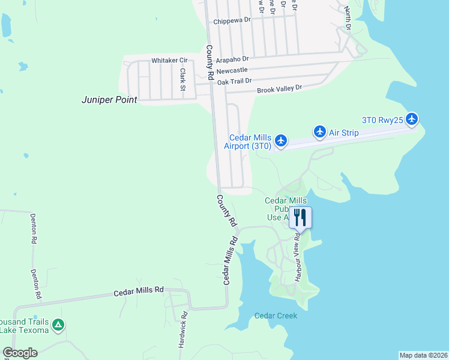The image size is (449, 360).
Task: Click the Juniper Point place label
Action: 109,100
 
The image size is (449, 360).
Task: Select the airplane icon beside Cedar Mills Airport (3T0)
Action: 281,141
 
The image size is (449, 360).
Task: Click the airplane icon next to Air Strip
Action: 319,131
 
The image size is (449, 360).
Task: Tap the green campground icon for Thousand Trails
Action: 58,326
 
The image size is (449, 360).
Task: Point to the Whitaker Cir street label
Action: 169,61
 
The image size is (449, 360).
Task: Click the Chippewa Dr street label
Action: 232,22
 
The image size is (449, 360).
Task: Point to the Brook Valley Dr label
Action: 279,89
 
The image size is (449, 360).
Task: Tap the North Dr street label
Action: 347,17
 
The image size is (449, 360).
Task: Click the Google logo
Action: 20,353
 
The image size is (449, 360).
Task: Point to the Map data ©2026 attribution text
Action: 423,355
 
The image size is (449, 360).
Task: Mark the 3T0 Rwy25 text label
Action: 381,119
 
